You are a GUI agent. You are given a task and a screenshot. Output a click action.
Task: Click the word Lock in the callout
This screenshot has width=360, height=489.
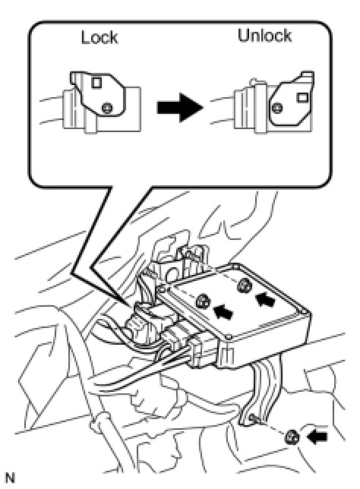[99, 37]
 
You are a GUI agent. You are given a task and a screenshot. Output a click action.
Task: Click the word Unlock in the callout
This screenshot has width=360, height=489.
[264, 35]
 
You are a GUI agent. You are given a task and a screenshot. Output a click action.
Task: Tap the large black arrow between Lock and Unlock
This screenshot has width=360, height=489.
[180, 108]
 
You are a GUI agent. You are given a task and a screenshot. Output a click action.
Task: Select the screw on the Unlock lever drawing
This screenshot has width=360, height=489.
[277, 108]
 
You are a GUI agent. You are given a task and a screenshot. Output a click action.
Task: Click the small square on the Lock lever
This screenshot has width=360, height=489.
[96, 83]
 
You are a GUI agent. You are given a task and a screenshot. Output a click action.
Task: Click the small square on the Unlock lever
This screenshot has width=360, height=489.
[302, 97]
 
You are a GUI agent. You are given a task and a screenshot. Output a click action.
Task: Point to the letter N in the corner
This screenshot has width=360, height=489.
[10, 478]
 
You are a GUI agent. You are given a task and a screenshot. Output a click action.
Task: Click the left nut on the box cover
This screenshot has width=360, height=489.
[203, 301]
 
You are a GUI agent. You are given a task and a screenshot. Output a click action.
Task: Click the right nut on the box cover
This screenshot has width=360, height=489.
[244, 286]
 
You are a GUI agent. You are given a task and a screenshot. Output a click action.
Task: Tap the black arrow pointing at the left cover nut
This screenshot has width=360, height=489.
[223, 311]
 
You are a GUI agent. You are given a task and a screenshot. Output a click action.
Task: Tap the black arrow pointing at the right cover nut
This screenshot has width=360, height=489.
[265, 298]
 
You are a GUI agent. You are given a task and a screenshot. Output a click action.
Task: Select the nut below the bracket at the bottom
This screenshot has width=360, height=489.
[292, 437]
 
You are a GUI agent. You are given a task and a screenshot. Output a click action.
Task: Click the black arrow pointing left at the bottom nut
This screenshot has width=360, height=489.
[317, 437]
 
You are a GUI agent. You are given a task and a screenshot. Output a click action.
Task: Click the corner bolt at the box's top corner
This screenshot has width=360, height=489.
[235, 266]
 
